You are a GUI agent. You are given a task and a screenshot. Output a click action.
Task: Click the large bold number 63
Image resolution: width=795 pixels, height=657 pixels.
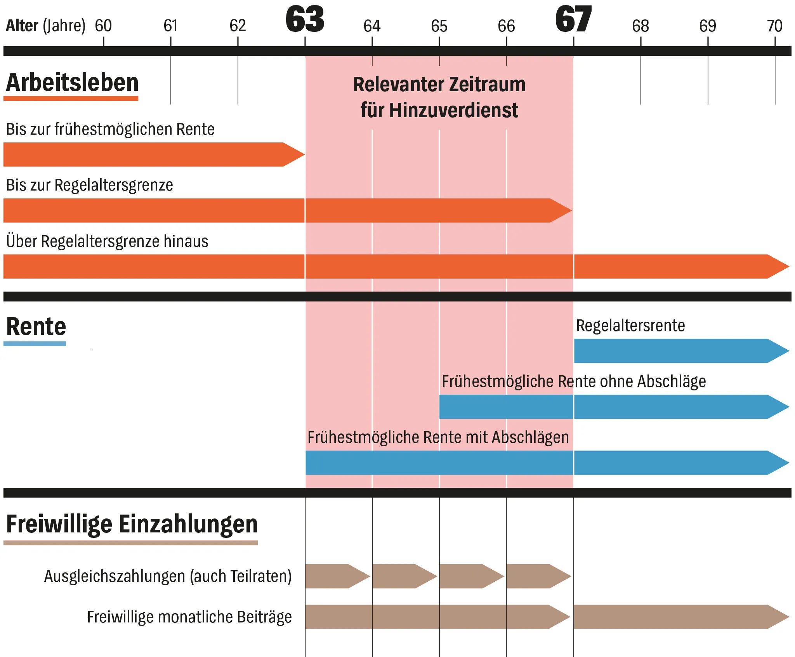305,19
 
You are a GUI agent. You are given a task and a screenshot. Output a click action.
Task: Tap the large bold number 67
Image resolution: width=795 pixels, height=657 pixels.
573,19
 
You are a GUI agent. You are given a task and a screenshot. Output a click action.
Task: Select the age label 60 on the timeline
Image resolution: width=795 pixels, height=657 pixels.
103,26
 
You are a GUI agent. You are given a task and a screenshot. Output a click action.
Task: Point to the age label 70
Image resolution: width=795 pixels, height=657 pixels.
774,26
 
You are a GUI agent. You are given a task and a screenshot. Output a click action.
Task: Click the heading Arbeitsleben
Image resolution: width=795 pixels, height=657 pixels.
72,83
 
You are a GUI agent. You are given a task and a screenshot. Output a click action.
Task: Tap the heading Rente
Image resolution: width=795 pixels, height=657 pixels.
36,326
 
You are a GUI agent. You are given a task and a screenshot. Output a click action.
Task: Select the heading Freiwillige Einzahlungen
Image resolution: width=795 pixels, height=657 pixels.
132,524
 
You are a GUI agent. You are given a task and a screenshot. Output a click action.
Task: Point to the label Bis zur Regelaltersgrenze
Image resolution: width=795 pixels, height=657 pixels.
90,185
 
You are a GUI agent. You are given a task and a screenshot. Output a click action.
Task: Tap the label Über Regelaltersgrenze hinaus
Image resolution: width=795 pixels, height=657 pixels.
107,241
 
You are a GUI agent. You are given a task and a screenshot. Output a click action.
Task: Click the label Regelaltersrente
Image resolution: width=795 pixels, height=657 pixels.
630,326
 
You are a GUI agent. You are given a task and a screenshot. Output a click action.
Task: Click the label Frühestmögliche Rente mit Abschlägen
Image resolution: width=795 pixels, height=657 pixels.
438,437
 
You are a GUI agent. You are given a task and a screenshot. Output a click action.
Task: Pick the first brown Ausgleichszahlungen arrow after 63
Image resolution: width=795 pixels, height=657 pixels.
336,576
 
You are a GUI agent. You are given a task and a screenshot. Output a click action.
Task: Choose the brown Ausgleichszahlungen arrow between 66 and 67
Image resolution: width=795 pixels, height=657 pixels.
537,576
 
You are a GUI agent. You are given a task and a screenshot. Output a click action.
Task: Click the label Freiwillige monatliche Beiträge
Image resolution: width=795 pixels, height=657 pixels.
189,617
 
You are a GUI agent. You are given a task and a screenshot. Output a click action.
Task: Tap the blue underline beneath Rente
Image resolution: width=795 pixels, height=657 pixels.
35,343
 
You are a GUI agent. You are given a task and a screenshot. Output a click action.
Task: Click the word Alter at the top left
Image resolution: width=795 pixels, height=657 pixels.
22,26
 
